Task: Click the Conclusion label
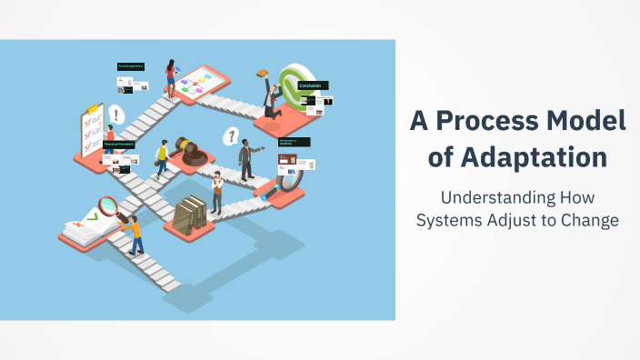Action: (x=312, y=85)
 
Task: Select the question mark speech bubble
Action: (x=232, y=136)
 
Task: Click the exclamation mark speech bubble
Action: (x=115, y=115)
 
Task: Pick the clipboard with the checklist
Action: (x=92, y=130)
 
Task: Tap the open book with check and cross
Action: (x=86, y=225)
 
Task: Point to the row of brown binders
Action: (x=191, y=214)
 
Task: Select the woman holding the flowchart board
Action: (x=170, y=76)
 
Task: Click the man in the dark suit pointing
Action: (x=245, y=159)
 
